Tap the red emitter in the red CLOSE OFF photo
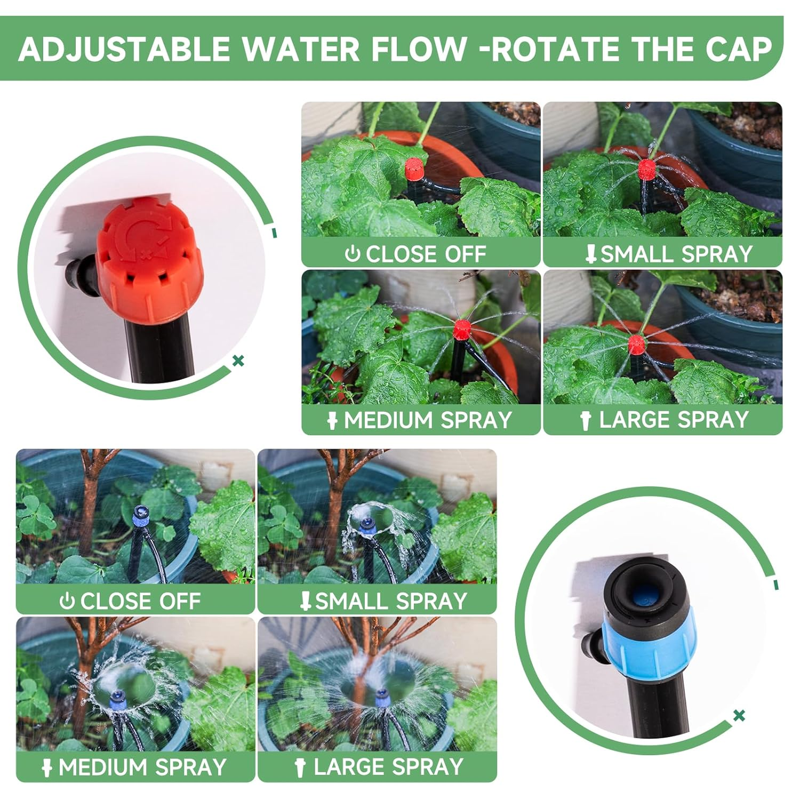[x=414, y=169]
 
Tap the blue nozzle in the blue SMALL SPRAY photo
[x=366, y=525]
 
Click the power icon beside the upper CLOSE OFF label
[x=352, y=254]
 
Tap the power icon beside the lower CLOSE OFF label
[x=67, y=602]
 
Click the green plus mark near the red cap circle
[x=238, y=361]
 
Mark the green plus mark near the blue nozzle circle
[x=739, y=716]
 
